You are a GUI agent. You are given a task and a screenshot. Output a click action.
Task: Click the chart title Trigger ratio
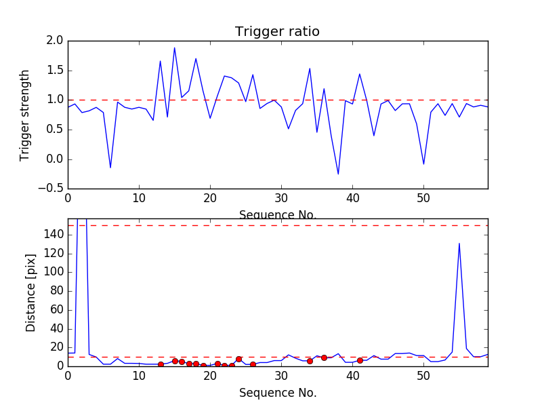277,32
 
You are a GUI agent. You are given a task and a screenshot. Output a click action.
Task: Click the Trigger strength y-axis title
25,115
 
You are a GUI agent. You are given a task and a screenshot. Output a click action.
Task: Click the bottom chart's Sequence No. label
277,393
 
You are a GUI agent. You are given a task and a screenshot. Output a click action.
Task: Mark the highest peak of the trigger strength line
174,47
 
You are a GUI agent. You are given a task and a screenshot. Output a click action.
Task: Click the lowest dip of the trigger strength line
338,174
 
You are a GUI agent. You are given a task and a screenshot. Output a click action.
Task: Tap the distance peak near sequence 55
459,243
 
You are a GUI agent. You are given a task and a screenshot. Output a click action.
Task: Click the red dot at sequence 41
360,360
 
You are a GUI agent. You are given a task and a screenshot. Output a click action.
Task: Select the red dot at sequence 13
161,364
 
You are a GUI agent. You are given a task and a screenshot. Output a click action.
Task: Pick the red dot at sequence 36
324,357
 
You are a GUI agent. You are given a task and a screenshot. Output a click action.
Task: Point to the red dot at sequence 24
238,359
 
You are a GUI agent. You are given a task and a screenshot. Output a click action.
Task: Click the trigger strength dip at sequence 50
423,164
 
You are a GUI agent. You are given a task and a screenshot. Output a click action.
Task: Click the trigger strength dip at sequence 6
110,168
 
